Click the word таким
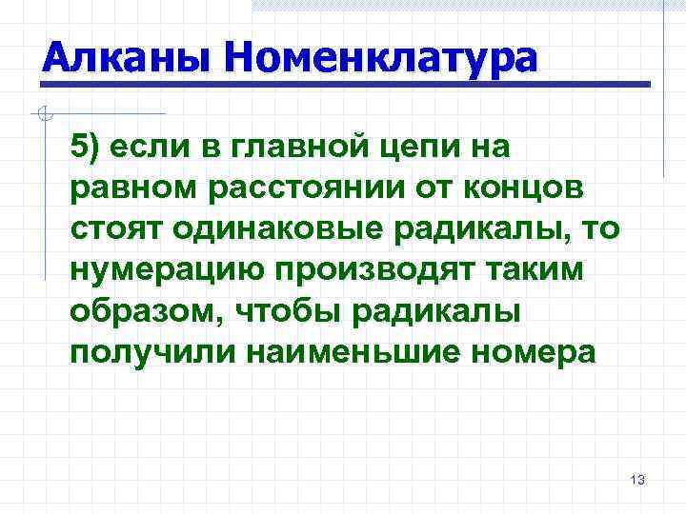[x=528, y=270]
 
